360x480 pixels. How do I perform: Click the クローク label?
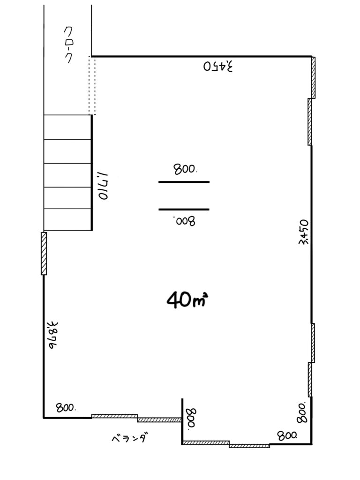[x=69, y=45]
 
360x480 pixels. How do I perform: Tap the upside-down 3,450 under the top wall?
[x=218, y=67]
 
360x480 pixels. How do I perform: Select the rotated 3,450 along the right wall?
[x=304, y=232]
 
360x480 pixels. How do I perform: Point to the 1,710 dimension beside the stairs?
[x=104, y=186]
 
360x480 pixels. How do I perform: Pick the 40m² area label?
[x=187, y=299]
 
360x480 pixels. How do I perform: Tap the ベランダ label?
[x=128, y=438]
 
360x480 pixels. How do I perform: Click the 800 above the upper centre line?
[x=185, y=169]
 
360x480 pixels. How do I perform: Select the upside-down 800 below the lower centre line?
[x=184, y=220]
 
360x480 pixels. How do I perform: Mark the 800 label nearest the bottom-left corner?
[x=66, y=407]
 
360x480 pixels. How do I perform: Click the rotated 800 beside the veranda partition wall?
[x=191, y=419]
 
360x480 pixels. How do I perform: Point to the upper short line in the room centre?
[x=184, y=182]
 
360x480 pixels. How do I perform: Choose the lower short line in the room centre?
[x=184, y=210]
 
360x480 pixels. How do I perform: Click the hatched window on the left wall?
[x=44, y=254]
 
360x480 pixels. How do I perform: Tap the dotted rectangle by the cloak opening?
[x=92, y=85]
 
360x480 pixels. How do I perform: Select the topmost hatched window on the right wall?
[x=314, y=78]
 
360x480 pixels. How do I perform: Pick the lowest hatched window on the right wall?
[x=310, y=380]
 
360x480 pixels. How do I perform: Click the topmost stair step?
[x=67, y=127]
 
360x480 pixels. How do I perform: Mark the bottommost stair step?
[x=67, y=219]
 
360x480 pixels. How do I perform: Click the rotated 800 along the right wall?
[x=302, y=412]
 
